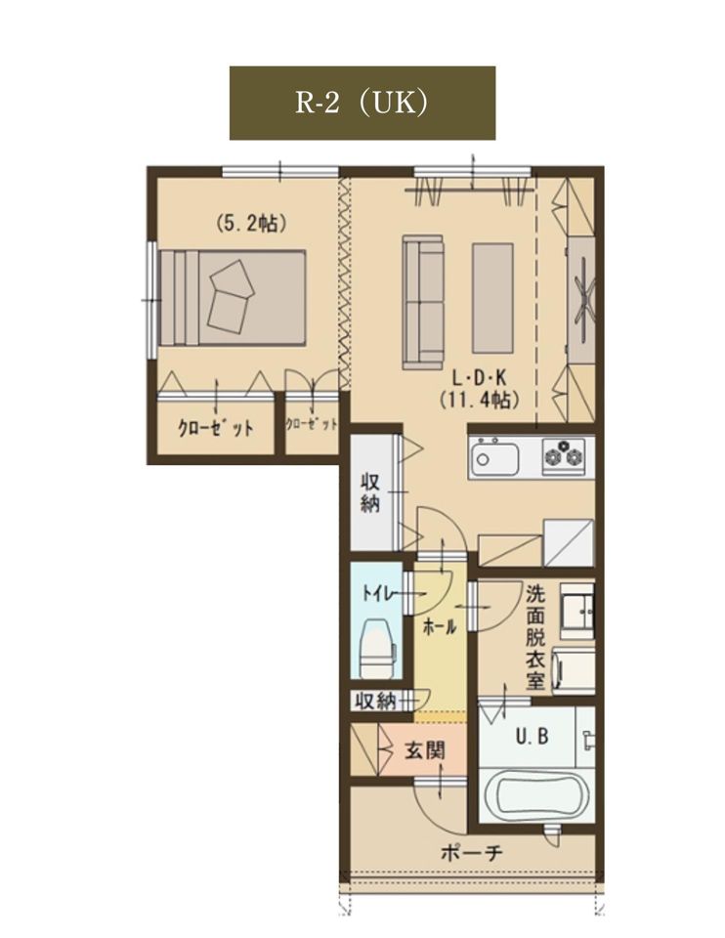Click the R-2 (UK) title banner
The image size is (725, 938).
pos(362,103)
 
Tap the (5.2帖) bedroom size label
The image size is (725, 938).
pos(251,223)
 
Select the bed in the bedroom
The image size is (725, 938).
pos(233,298)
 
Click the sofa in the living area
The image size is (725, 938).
pos(423,301)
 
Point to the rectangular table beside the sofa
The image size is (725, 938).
pos(492,298)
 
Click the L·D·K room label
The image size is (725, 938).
pos(479,378)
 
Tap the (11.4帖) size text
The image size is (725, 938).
pos(479,399)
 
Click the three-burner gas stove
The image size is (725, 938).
pos(564,456)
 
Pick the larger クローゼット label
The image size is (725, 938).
pos(215,428)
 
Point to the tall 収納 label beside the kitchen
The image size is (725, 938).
pos(370,492)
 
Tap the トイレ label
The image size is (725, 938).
pos(379,593)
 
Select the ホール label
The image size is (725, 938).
pos(440,627)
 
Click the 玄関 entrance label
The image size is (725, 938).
pos(425,749)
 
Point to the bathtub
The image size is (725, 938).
pos(536,796)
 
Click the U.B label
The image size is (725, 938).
pos(533,736)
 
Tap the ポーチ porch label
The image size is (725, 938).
pos(471,852)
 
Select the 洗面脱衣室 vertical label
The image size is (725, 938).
pos(535,637)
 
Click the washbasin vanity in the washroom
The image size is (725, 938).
pos(577,609)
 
